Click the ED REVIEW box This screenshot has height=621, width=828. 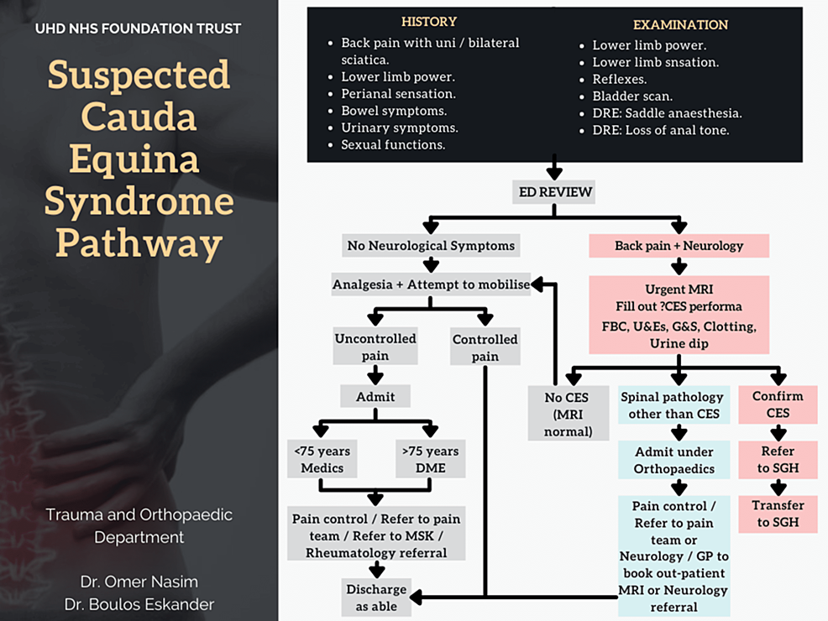(x=553, y=192)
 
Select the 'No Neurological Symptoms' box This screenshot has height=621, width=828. (x=432, y=246)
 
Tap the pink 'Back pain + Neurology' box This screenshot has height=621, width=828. (x=679, y=246)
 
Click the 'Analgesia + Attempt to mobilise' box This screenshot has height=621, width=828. (x=432, y=284)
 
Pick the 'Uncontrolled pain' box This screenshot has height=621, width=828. (x=375, y=347)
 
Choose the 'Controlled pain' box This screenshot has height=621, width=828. (x=485, y=347)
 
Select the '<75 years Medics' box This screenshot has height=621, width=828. (x=322, y=460)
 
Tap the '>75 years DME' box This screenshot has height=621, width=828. (x=430, y=460)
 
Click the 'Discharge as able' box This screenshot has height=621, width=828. (x=375, y=598)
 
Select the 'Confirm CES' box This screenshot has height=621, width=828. (x=778, y=404)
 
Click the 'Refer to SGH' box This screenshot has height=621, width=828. (x=778, y=459)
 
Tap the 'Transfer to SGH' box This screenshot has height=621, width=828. (x=778, y=514)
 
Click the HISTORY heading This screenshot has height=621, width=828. (x=428, y=21)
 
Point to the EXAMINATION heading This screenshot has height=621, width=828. (x=680, y=24)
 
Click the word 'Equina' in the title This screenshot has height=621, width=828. (x=139, y=160)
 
